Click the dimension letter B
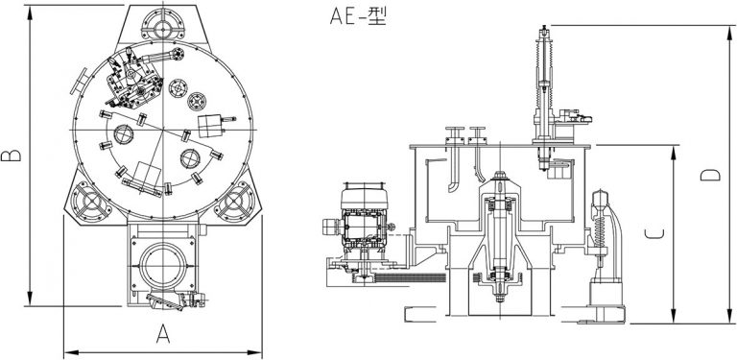coord(11,156)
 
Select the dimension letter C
coord(654,233)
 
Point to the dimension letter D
coord(710,175)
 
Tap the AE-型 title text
coord(358,16)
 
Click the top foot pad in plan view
coord(162,24)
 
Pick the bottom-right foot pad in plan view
coord(235,202)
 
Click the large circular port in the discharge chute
coord(162,267)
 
